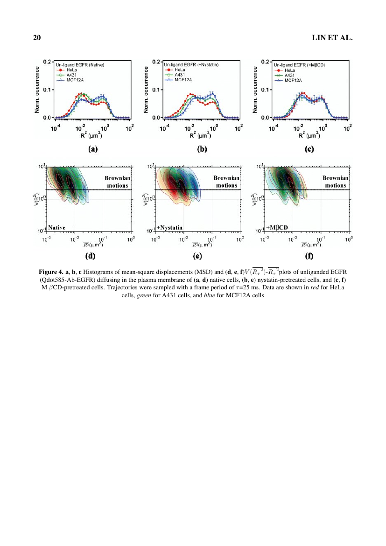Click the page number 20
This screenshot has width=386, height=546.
(x=36, y=38)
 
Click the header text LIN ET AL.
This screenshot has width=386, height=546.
(x=332, y=38)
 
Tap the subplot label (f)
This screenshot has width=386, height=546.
(x=309, y=256)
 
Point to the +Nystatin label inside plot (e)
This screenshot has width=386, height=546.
(x=169, y=227)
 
